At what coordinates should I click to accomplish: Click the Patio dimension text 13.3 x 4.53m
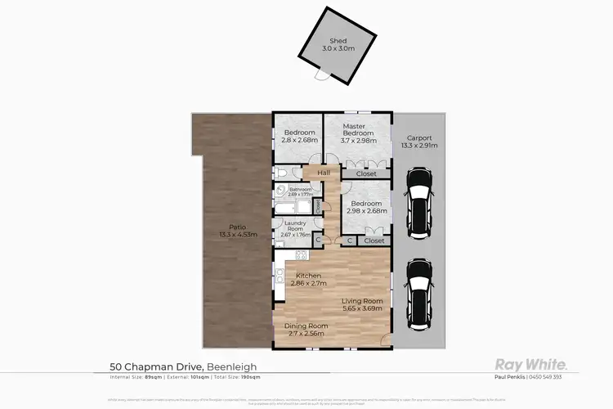click(x=238, y=235)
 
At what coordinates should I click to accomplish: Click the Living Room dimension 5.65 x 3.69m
click(x=359, y=307)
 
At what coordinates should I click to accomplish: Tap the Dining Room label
click(x=305, y=326)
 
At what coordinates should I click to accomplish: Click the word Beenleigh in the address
click(x=232, y=366)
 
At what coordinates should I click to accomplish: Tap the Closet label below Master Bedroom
click(x=367, y=174)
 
